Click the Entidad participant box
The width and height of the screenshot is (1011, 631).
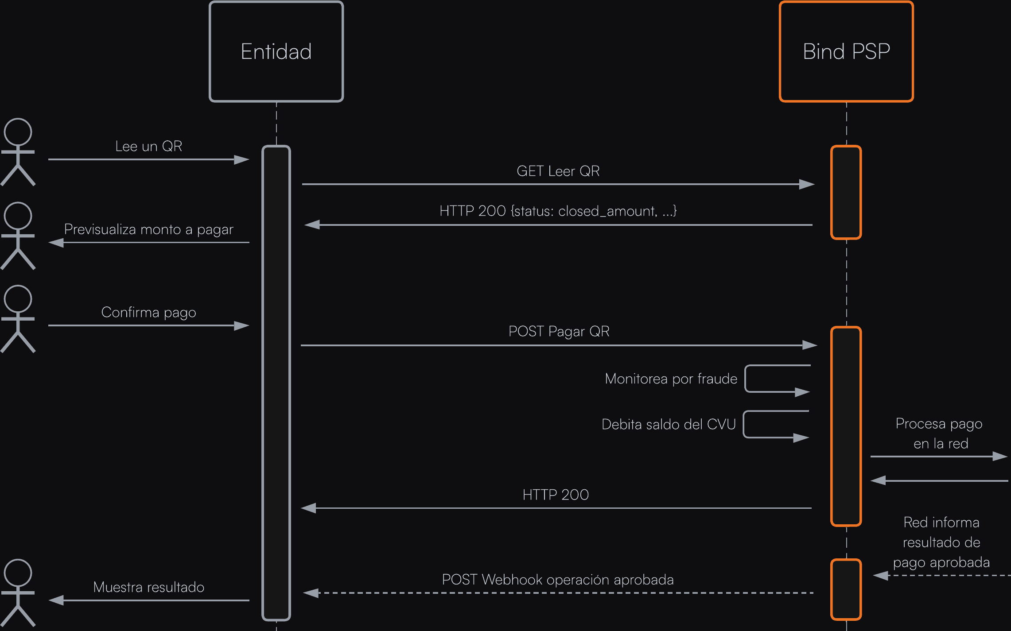(276, 52)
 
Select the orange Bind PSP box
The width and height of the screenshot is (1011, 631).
(846, 52)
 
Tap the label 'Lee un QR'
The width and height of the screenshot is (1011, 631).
(148, 146)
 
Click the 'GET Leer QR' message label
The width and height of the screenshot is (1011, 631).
(558, 171)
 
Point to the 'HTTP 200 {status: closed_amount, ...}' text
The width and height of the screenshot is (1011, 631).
(558, 211)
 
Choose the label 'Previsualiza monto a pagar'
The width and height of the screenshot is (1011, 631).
(148, 229)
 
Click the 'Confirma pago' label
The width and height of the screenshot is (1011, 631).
(148, 312)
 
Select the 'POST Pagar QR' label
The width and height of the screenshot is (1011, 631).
(559, 331)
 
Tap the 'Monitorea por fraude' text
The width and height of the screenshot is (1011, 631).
(671, 379)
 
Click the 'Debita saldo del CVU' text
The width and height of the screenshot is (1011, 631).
(668, 424)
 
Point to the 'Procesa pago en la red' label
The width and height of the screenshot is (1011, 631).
(939, 433)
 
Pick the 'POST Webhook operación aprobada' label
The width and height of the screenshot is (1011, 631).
(557, 580)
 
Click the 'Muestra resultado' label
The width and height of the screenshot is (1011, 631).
(148, 587)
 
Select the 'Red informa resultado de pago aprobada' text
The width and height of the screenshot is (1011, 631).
(941, 542)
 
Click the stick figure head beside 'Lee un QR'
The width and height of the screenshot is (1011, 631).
(18, 132)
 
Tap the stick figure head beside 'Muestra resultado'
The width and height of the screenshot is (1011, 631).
(18, 573)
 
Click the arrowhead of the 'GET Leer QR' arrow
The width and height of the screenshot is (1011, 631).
(807, 184)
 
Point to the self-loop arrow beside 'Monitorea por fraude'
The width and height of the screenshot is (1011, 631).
(778, 379)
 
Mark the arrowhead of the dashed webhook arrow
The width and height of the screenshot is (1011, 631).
(311, 593)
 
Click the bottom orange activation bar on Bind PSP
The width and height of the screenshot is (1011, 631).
(846, 589)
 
